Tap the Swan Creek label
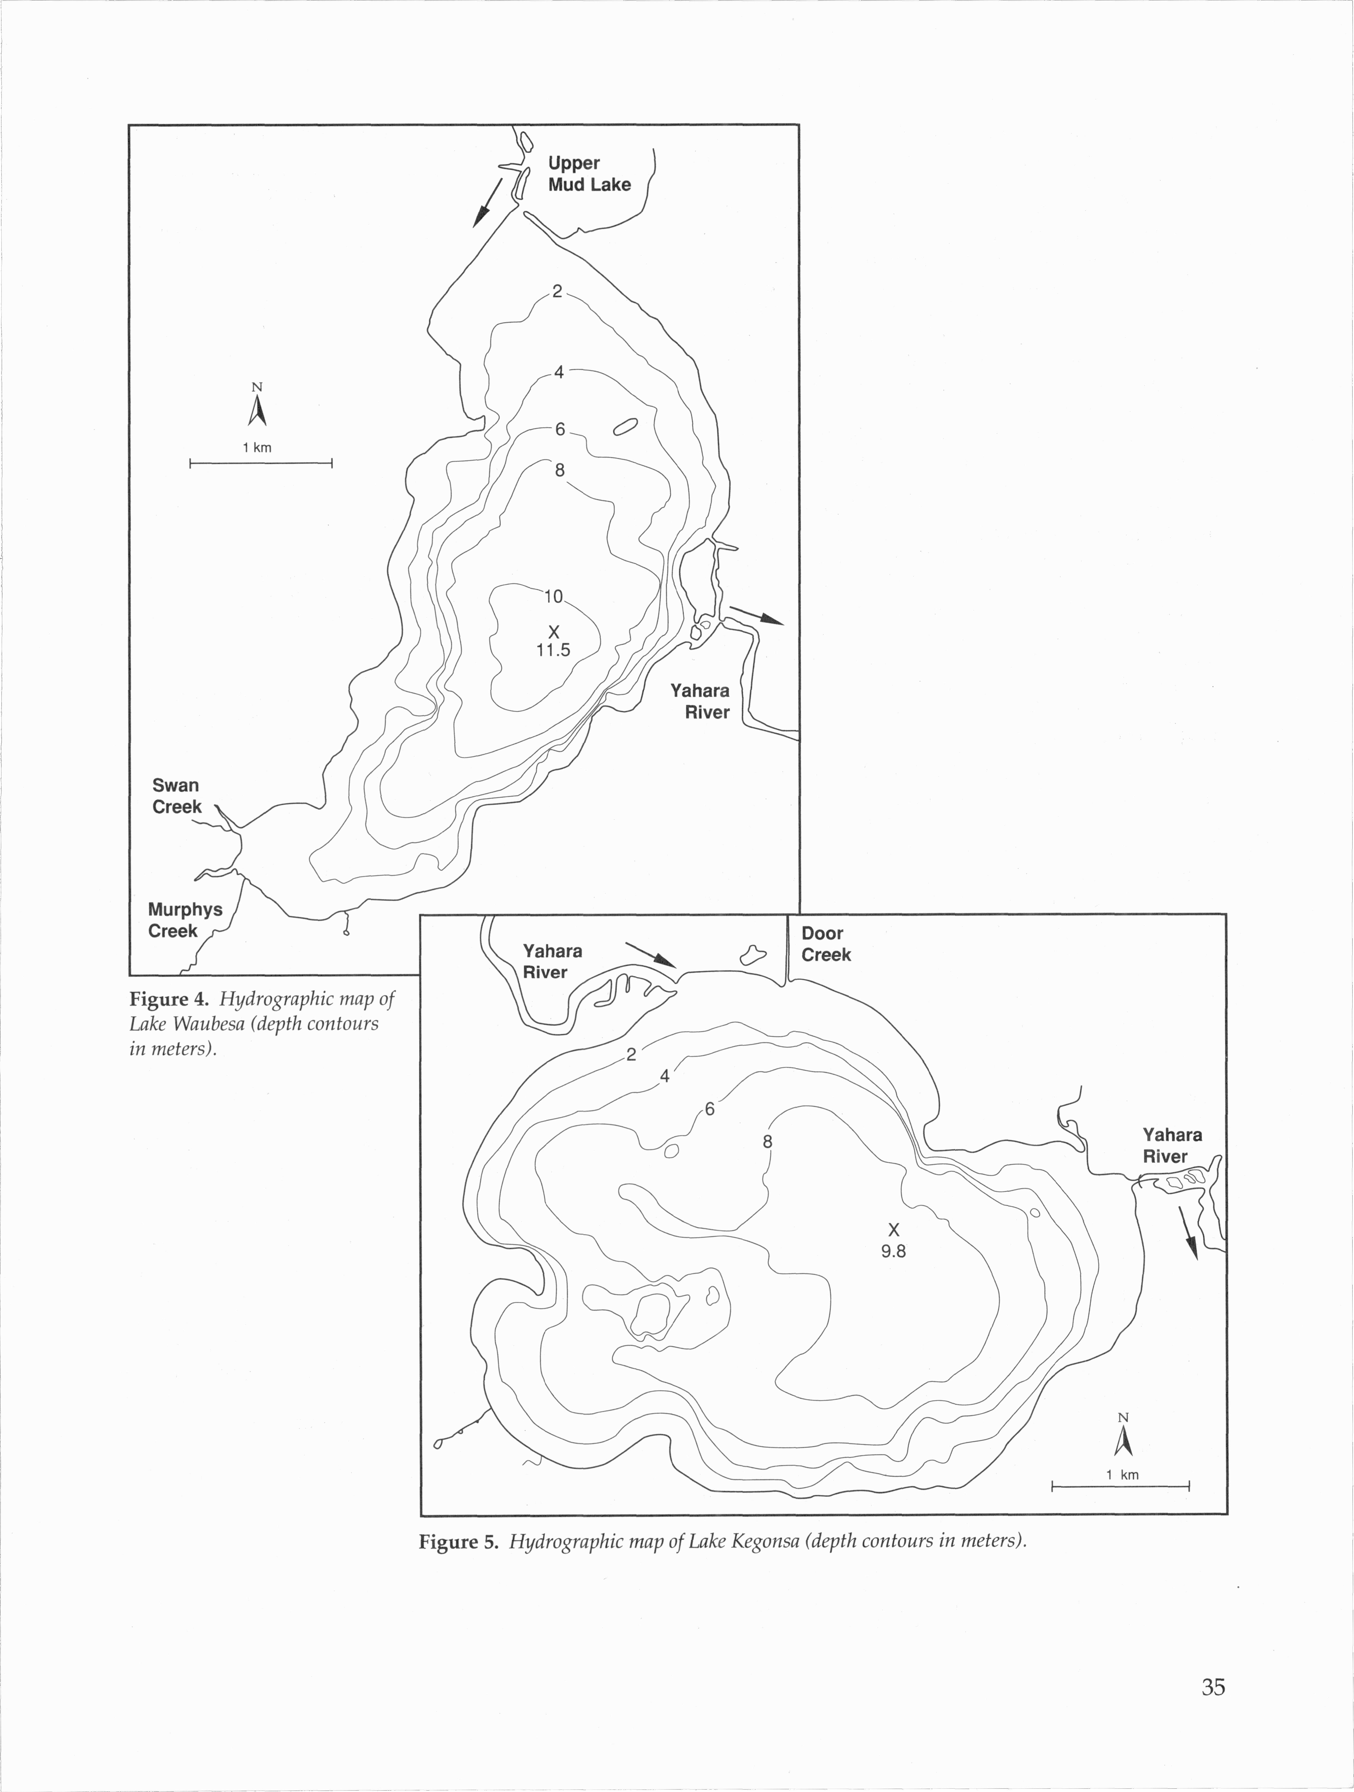click(x=177, y=796)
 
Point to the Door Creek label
click(x=826, y=944)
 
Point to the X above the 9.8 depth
click(x=894, y=1230)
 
